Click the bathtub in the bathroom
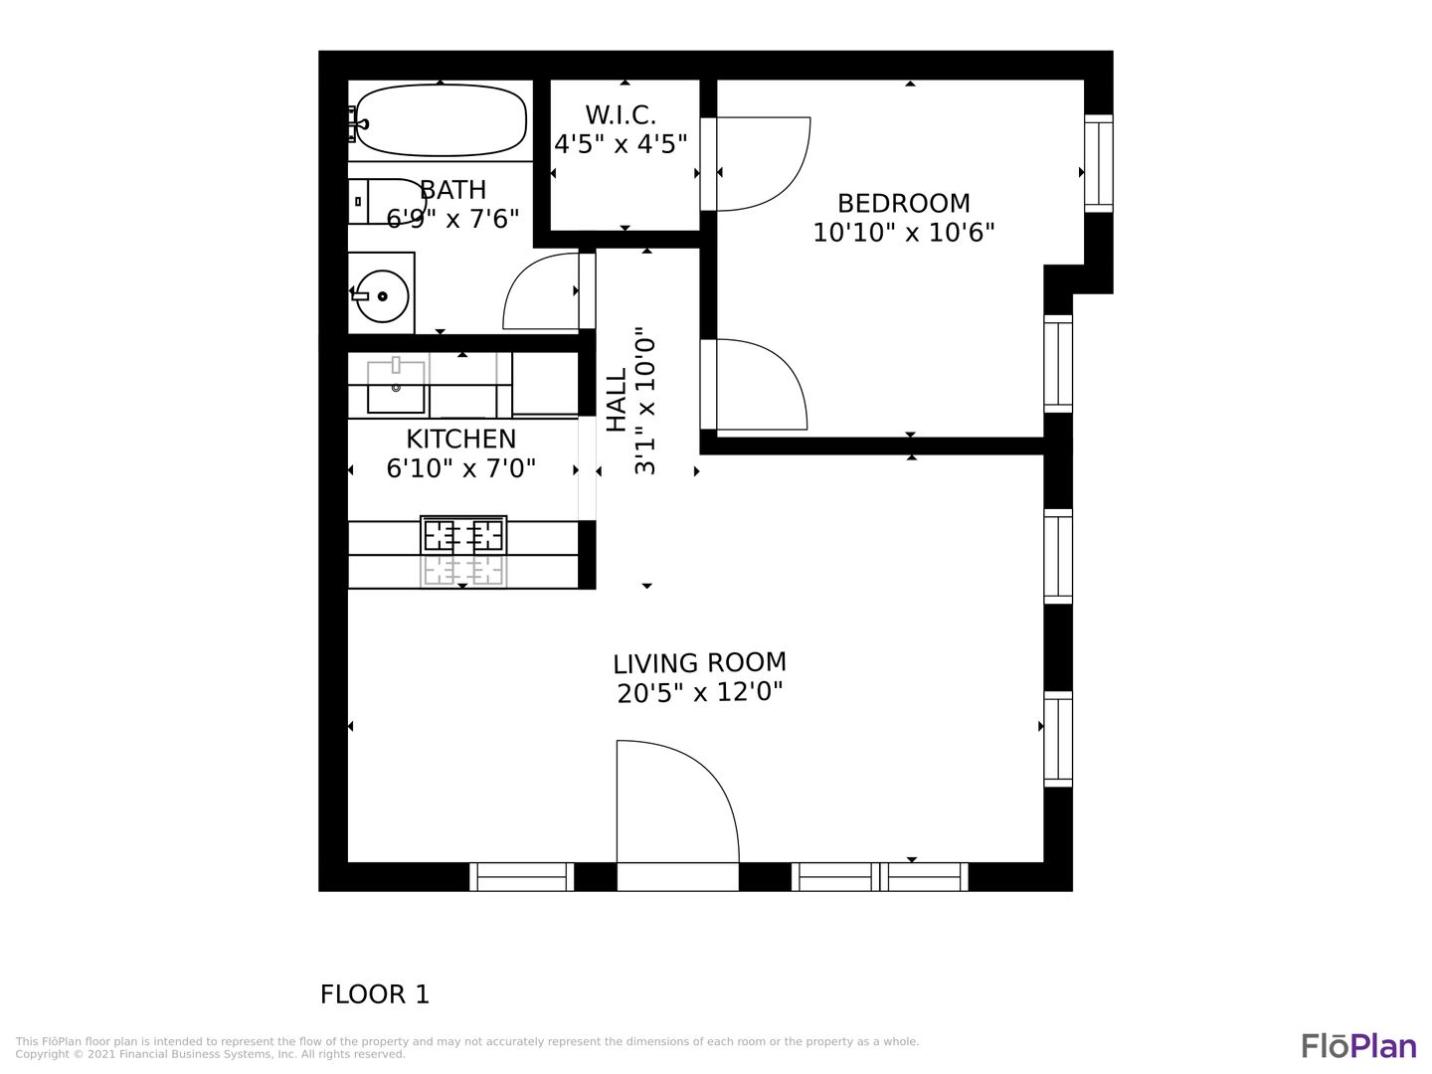point(441,120)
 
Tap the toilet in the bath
point(386,202)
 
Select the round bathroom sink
point(382,296)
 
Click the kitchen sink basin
point(396,388)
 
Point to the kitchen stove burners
point(463,536)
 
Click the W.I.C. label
point(621,115)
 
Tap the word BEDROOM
point(904,204)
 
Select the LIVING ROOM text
point(699,663)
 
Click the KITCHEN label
point(460,440)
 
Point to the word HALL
point(617,400)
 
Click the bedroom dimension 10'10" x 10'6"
point(904,233)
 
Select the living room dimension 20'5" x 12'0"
point(699,692)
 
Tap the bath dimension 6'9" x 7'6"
point(452,219)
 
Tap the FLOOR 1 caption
point(375,994)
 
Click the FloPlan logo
point(1359,1045)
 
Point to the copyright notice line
point(210,1054)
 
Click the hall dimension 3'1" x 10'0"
point(644,401)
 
